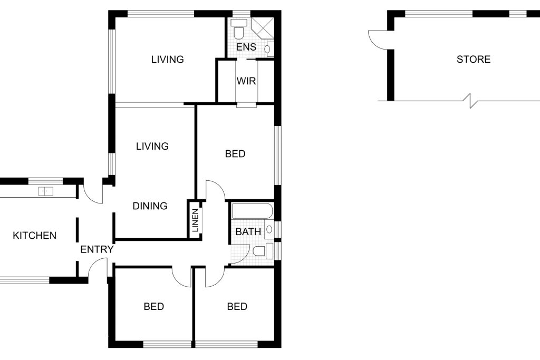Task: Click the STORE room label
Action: click(473, 59)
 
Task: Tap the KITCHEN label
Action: click(34, 236)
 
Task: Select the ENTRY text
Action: click(97, 249)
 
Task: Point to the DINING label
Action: click(150, 206)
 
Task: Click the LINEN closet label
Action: click(195, 220)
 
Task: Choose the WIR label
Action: click(246, 81)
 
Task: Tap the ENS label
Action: click(246, 47)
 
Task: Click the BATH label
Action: click(248, 231)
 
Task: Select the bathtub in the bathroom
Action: click(253, 211)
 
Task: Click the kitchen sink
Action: click(45, 191)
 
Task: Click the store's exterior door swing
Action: click(378, 39)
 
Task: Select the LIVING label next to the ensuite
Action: click(167, 60)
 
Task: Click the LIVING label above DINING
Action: click(152, 147)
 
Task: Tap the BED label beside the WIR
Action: click(235, 154)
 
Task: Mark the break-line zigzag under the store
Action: click(472, 101)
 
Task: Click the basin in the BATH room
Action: click(269, 229)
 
